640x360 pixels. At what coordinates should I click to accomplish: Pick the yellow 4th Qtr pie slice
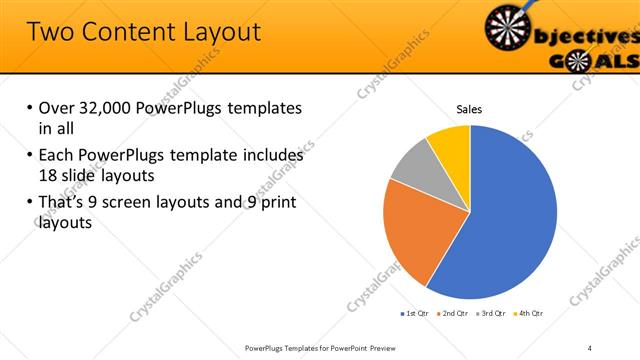(449, 144)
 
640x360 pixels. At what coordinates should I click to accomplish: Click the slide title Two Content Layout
(144, 31)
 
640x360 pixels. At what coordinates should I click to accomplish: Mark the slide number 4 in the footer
(590, 347)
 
